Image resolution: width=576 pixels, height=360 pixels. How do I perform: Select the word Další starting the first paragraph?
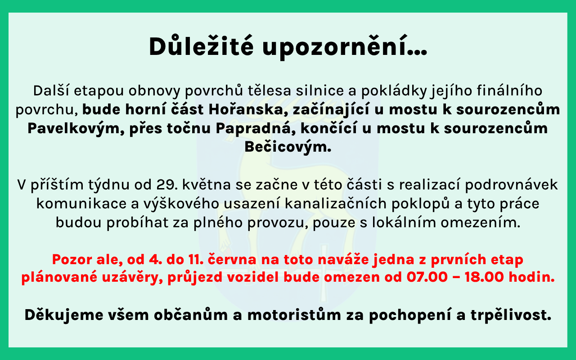tap(51, 90)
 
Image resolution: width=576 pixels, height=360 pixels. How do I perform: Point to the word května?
tap(207, 184)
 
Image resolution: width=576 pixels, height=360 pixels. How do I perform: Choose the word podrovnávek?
tap(511, 184)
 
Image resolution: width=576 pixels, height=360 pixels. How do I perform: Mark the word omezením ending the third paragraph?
tap(481, 222)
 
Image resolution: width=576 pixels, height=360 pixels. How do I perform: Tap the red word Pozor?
tap(72, 259)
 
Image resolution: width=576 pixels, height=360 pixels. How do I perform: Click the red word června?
tap(232, 259)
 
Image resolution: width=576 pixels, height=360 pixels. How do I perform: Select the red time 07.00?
tap(427, 277)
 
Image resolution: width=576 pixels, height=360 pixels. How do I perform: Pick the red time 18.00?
tap(484, 277)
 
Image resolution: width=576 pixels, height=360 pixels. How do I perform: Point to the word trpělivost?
tap(511, 315)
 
